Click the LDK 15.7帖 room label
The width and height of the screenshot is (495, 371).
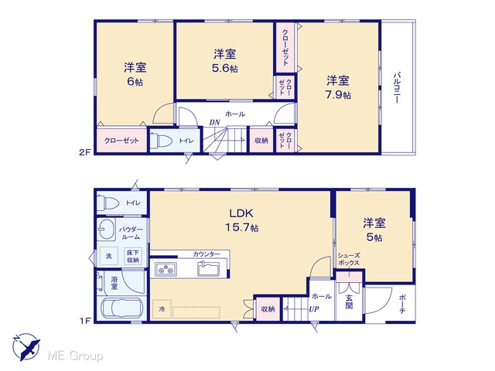click(242, 220)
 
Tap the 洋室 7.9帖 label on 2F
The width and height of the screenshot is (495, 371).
click(338, 87)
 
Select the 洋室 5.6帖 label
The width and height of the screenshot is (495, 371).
click(225, 61)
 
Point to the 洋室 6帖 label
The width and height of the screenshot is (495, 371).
click(135, 74)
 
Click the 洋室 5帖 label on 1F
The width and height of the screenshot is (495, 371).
click(374, 230)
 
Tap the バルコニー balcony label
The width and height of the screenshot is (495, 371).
click(397, 87)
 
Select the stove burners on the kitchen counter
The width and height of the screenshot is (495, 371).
click(166, 270)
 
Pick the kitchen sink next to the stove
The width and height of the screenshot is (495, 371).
click(208, 269)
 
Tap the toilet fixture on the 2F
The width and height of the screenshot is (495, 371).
click(160, 141)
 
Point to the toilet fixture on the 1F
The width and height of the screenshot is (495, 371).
click(108, 203)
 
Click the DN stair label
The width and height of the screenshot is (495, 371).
click(215, 122)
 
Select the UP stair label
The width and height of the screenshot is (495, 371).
click(314, 309)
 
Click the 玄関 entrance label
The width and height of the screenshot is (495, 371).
click(349, 301)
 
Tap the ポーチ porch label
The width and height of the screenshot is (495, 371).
click(402, 304)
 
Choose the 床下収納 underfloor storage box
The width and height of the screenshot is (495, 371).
click(133, 256)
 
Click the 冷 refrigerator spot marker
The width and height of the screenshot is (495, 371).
click(162, 309)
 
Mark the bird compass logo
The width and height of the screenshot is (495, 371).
click(26, 346)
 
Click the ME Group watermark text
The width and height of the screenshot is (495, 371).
click(76, 356)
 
